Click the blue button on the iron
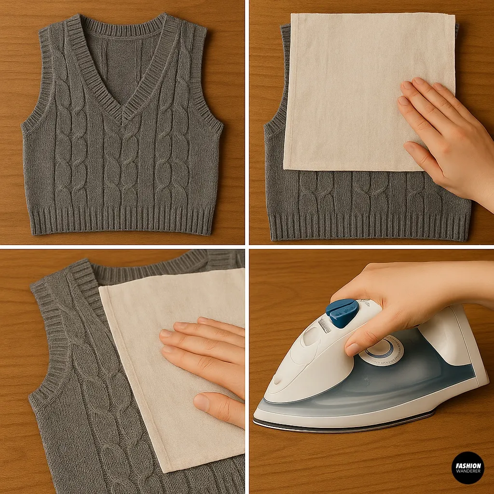tap(343, 313)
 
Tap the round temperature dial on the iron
tap(381, 350)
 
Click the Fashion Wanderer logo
tap(467, 467)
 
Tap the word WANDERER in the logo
tap(467, 471)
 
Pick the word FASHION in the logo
tap(467, 465)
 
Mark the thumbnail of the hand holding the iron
tap(353, 348)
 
